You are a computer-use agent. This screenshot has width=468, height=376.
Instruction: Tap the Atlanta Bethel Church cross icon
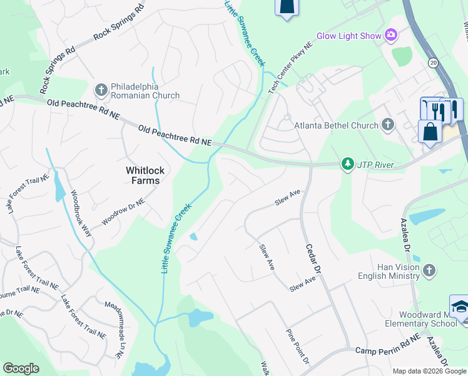point(388,125)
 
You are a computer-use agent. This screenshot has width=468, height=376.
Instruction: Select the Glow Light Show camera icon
point(392,36)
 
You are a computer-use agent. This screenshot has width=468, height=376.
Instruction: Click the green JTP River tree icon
point(347,164)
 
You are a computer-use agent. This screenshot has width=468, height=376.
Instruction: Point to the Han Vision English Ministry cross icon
point(429,270)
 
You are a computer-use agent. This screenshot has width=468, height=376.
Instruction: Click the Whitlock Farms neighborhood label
point(143,175)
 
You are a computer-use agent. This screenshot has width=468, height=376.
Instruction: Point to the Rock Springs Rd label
point(120,24)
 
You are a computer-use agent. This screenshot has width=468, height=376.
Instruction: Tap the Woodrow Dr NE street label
point(123,214)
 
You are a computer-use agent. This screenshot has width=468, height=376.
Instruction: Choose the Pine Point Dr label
point(298,347)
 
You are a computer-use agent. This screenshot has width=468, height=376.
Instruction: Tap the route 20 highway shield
point(433,63)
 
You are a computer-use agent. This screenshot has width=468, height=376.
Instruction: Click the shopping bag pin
point(430,132)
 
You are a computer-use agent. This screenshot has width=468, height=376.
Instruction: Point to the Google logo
point(21,368)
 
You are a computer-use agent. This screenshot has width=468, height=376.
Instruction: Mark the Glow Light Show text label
point(348,36)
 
